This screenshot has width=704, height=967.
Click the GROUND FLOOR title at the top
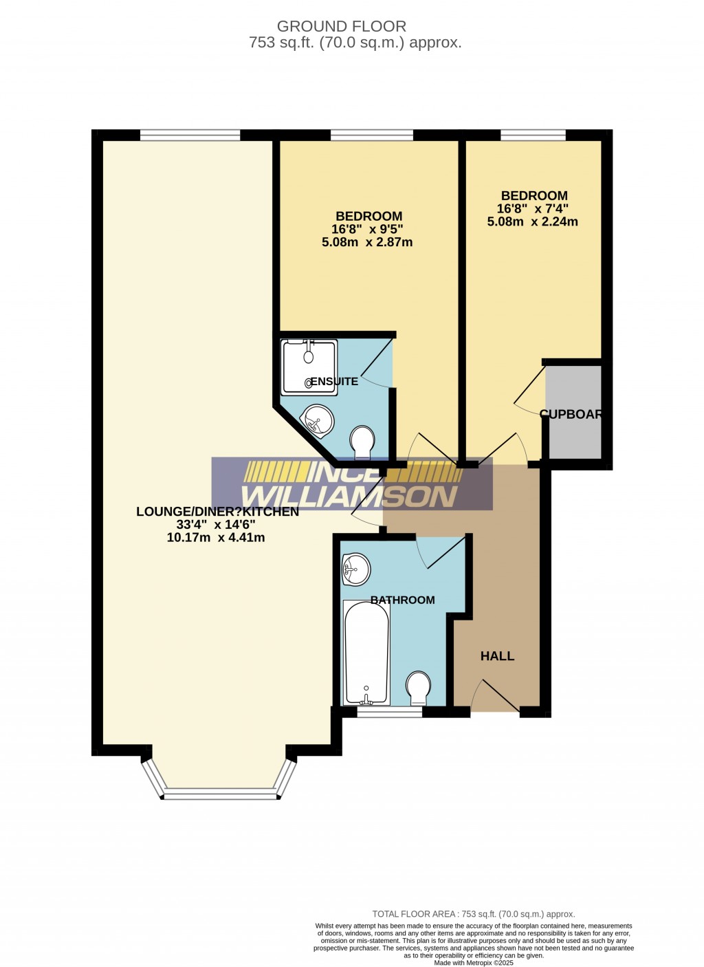(x=341, y=26)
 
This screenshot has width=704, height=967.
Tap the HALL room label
(x=497, y=656)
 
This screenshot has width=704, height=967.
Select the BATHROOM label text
(x=402, y=600)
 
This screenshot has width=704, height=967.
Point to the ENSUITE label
(x=334, y=381)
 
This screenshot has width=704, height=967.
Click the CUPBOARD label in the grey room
(x=571, y=414)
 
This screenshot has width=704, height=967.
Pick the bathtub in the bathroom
(x=366, y=652)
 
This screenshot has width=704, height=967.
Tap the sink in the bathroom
(x=356, y=569)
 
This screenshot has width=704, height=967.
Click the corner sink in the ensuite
(x=318, y=420)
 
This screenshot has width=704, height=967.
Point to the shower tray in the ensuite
(x=309, y=367)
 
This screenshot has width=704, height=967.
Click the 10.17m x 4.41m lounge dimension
(x=216, y=538)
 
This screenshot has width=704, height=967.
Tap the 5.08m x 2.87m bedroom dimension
(x=367, y=242)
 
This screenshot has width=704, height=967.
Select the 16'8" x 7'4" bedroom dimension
(x=533, y=208)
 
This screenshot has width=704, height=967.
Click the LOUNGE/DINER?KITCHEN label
(x=217, y=512)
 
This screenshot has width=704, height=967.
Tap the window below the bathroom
(x=389, y=713)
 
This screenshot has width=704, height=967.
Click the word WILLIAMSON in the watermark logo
(x=349, y=496)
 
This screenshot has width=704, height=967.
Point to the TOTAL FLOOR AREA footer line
(x=473, y=914)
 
